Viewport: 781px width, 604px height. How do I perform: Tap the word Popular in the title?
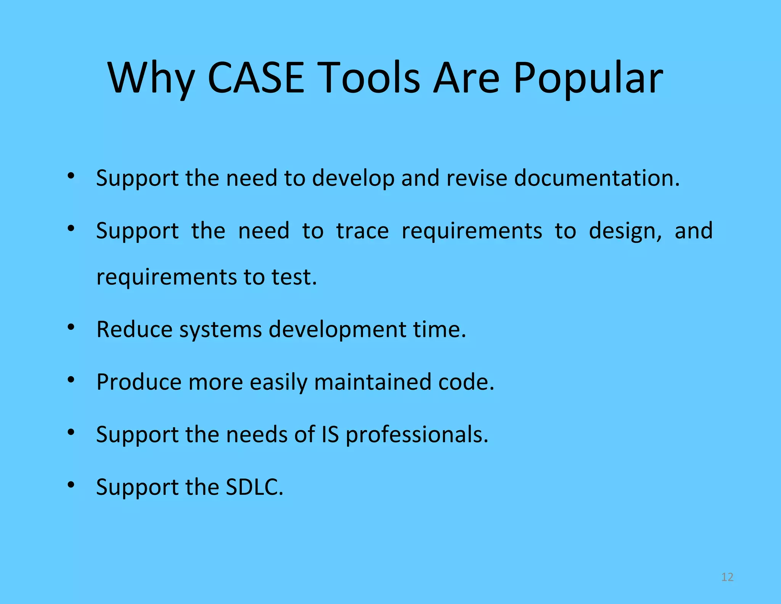coord(588,78)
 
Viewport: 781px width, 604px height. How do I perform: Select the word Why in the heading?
coord(151,78)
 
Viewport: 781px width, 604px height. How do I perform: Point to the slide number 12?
coord(727,577)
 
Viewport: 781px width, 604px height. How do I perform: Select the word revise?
coord(476,178)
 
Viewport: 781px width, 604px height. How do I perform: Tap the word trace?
coord(362,231)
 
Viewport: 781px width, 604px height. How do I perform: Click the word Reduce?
coord(134,329)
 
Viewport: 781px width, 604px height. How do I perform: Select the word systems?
coord(220,329)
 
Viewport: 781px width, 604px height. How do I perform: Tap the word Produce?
coord(139,382)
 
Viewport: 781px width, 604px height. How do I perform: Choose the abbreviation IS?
coord(330,434)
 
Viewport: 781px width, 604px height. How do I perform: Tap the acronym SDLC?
coord(254,487)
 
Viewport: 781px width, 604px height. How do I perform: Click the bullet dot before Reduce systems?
coord(71,327)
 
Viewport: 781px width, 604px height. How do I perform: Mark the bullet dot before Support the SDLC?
coord(71,484)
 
